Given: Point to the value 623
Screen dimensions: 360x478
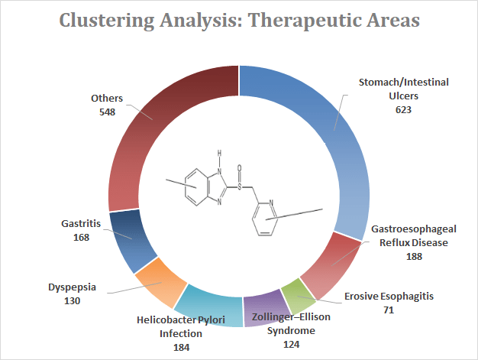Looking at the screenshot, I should coord(404,109).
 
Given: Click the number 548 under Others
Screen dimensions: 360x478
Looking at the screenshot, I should coord(107,112).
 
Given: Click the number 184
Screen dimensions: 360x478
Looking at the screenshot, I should coord(180,346).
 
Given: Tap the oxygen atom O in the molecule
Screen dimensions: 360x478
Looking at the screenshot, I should coord(240,164).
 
